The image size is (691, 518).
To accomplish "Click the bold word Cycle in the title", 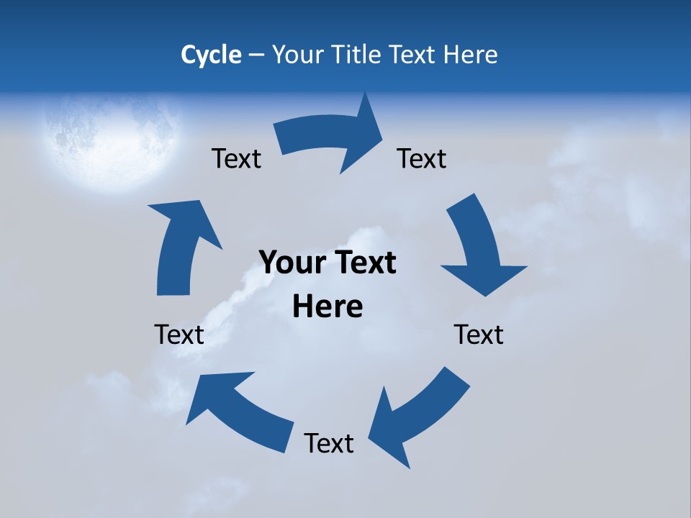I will click(x=211, y=55).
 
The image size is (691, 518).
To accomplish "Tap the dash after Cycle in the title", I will click(x=257, y=55).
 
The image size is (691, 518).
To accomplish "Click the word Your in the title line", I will click(x=297, y=55).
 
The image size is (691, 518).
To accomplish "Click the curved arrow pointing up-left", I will click(x=238, y=406).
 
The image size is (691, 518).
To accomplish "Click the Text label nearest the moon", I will click(x=236, y=158).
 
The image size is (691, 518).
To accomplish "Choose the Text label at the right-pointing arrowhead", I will click(x=422, y=158).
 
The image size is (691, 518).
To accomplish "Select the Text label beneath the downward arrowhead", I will click(x=479, y=335).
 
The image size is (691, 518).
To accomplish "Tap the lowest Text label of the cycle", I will click(x=329, y=443).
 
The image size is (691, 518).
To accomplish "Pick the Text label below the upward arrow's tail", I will click(x=179, y=335).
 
